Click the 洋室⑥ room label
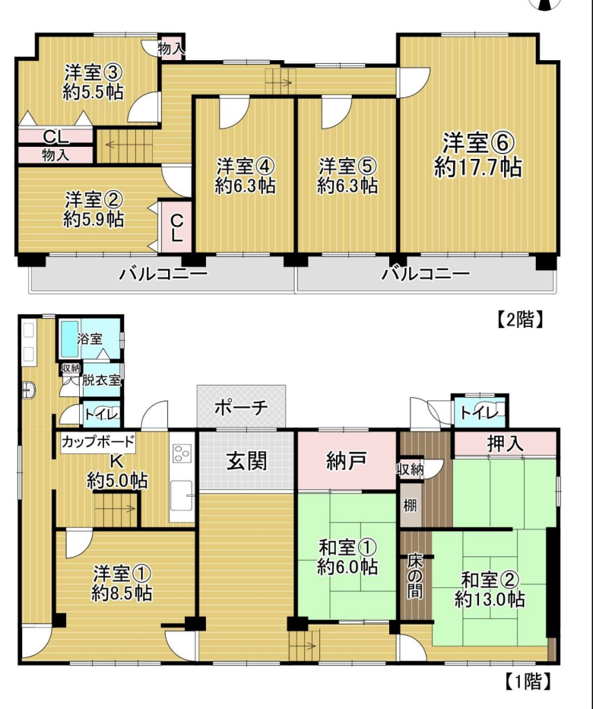coord(478,143)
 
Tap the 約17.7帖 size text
coord(478,167)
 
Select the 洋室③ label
coord(94,72)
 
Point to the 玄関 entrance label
coord(247,461)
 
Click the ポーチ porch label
coord(241,408)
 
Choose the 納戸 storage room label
coord(346,461)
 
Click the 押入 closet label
coord(506,444)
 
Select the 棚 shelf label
coord(410,505)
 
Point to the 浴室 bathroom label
coord(90,339)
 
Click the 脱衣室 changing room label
coord(102,380)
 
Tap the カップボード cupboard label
coord(98,441)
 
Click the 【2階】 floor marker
coord(520,320)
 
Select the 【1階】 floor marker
coord(528,681)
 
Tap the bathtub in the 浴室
coord(69,339)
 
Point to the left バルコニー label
coord(163,274)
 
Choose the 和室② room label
coord(490,579)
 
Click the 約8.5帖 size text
coord(122,593)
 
